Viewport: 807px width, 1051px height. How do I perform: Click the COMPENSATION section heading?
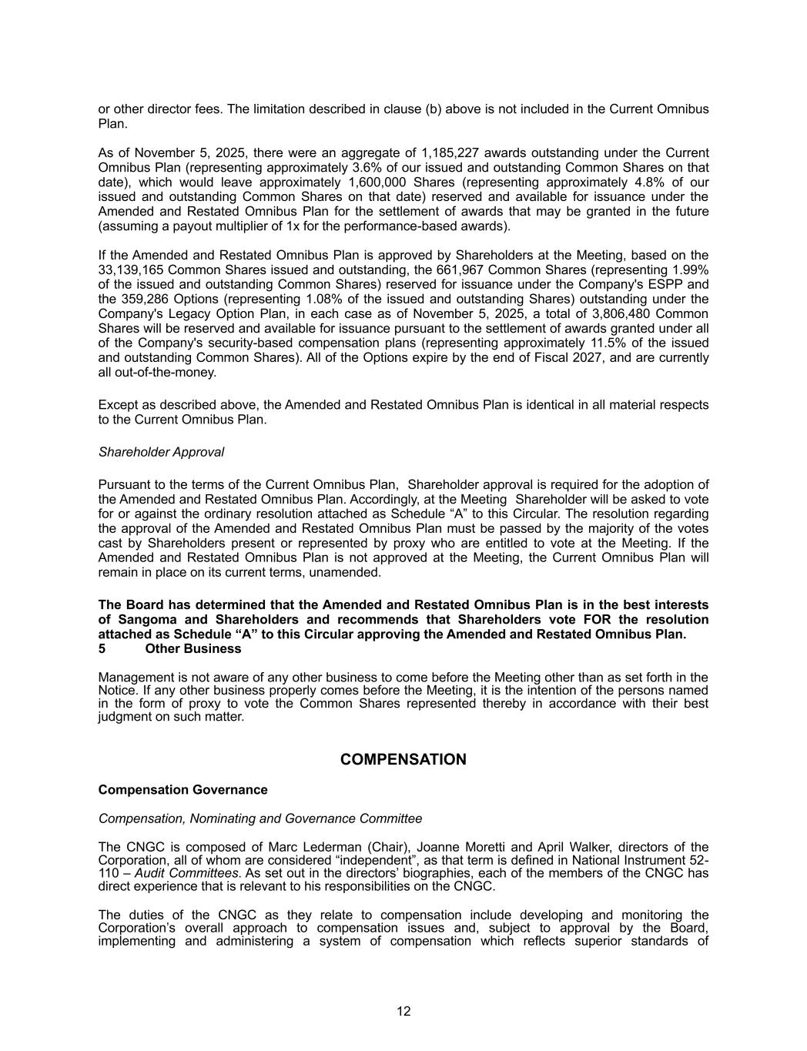(403, 760)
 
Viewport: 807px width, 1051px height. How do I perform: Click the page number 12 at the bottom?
(403, 1012)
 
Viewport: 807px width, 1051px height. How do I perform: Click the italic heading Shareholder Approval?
(161, 452)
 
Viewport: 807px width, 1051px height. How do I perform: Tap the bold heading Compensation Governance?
(182, 790)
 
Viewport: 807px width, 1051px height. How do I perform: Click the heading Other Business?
(193, 649)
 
